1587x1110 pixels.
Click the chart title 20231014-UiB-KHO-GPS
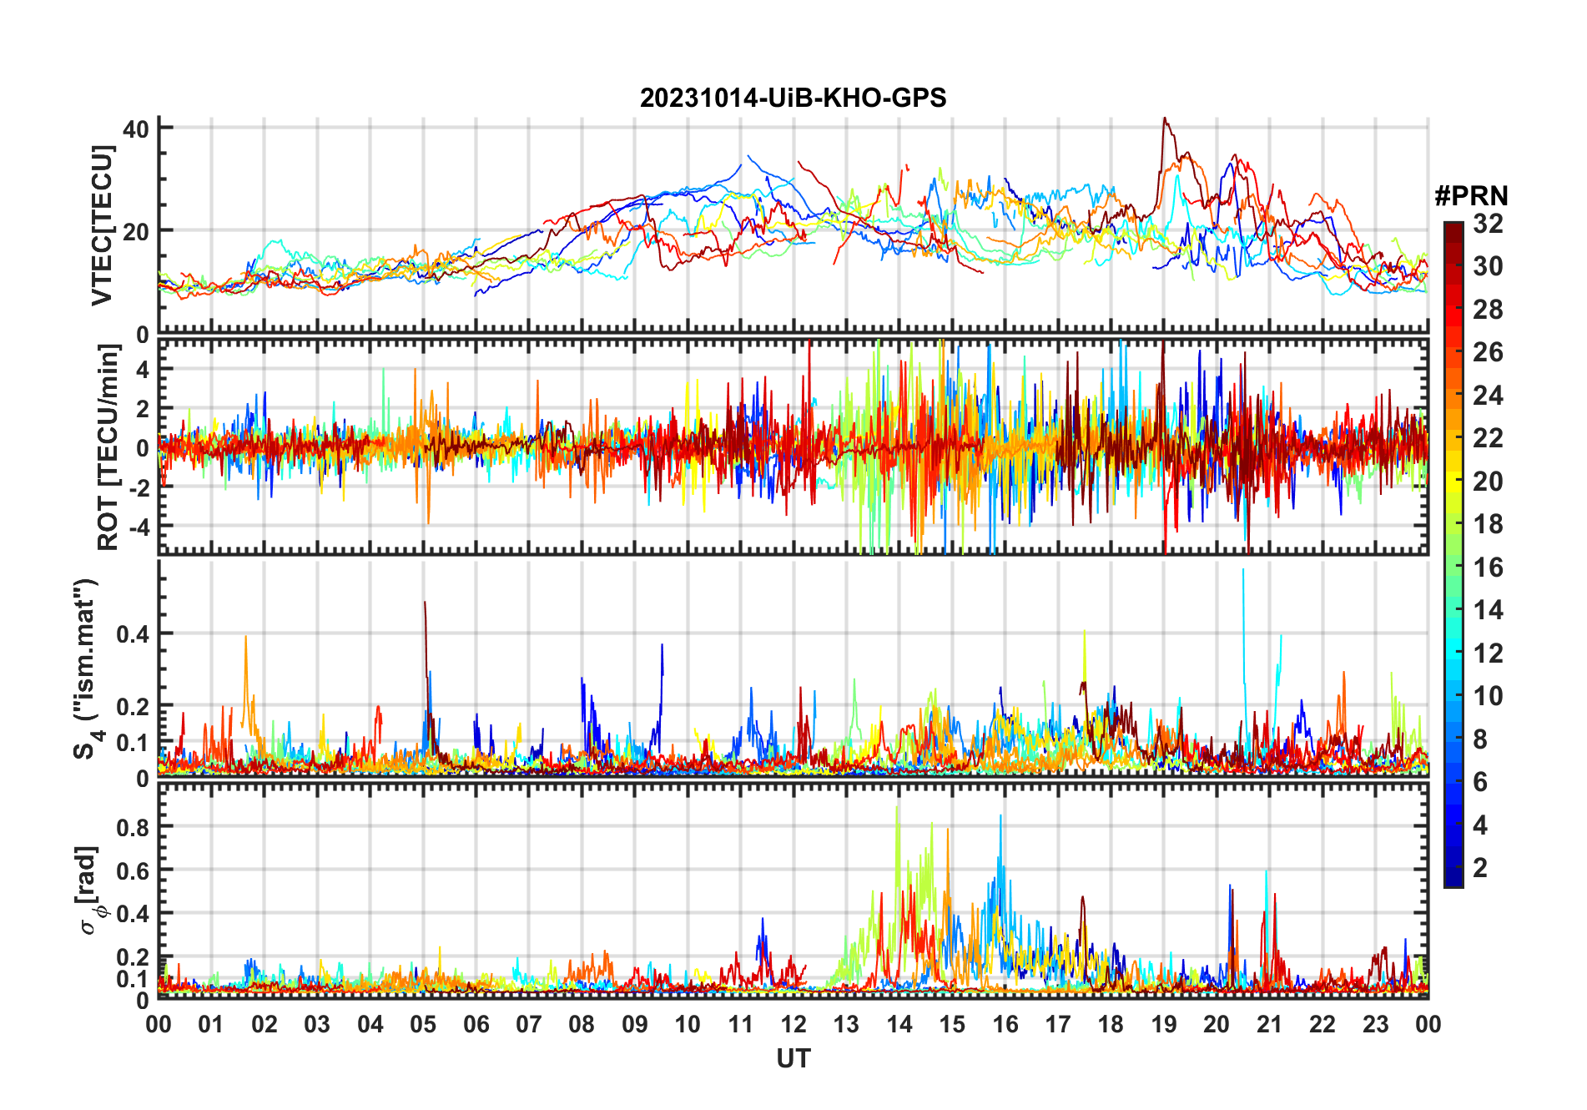tap(793, 98)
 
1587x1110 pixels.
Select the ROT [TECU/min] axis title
tap(108, 447)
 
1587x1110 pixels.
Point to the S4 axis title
tap(86, 669)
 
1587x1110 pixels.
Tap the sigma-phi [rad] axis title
tap(88, 891)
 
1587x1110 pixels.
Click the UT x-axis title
tap(793, 1058)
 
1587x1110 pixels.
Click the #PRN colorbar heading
tap(1471, 196)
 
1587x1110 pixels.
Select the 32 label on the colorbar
tap(1488, 224)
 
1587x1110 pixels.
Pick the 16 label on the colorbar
tap(1488, 568)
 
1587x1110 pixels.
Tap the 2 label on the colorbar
tap(1480, 868)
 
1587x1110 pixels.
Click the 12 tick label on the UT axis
tap(793, 1024)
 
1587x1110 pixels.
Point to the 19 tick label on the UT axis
tap(1163, 1024)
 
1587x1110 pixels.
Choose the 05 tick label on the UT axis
tap(423, 1024)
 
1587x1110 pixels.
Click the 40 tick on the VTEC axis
tap(135, 129)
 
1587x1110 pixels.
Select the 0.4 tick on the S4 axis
tap(132, 634)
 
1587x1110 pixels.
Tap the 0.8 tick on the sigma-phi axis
tap(132, 827)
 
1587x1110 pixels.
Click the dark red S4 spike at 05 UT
tap(425, 603)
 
